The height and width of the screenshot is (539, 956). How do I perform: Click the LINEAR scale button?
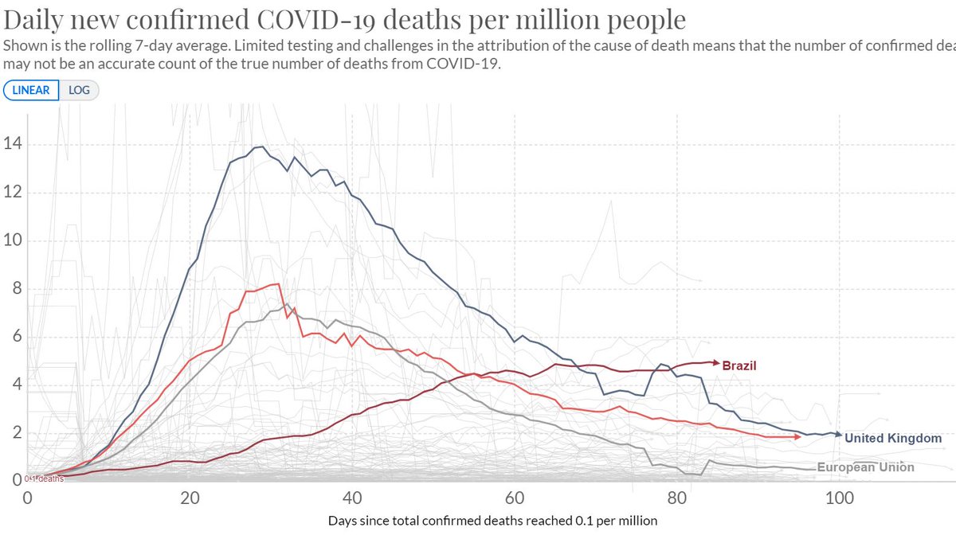point(31,90)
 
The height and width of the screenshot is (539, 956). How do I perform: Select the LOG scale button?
point(80,90)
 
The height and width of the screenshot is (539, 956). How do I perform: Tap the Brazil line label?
point(739,366)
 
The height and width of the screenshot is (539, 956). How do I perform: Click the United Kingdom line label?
point(893,438)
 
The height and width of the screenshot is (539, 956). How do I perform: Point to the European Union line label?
point(866,467)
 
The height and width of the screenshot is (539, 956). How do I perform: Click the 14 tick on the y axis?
point(11,144)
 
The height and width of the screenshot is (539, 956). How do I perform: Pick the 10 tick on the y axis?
point(11,240)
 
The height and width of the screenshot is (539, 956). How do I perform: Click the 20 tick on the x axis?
point(190,498)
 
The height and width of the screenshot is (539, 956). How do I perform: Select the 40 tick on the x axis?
point(352,498)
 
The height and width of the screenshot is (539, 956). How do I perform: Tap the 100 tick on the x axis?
point(839,498)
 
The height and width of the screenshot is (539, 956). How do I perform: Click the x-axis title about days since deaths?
point(492,521)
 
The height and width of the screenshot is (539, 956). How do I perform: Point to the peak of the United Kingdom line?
point(261,146)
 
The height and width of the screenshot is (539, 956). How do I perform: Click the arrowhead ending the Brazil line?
point(715,361)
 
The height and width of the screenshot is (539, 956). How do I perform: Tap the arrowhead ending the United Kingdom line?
point(837,435)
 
